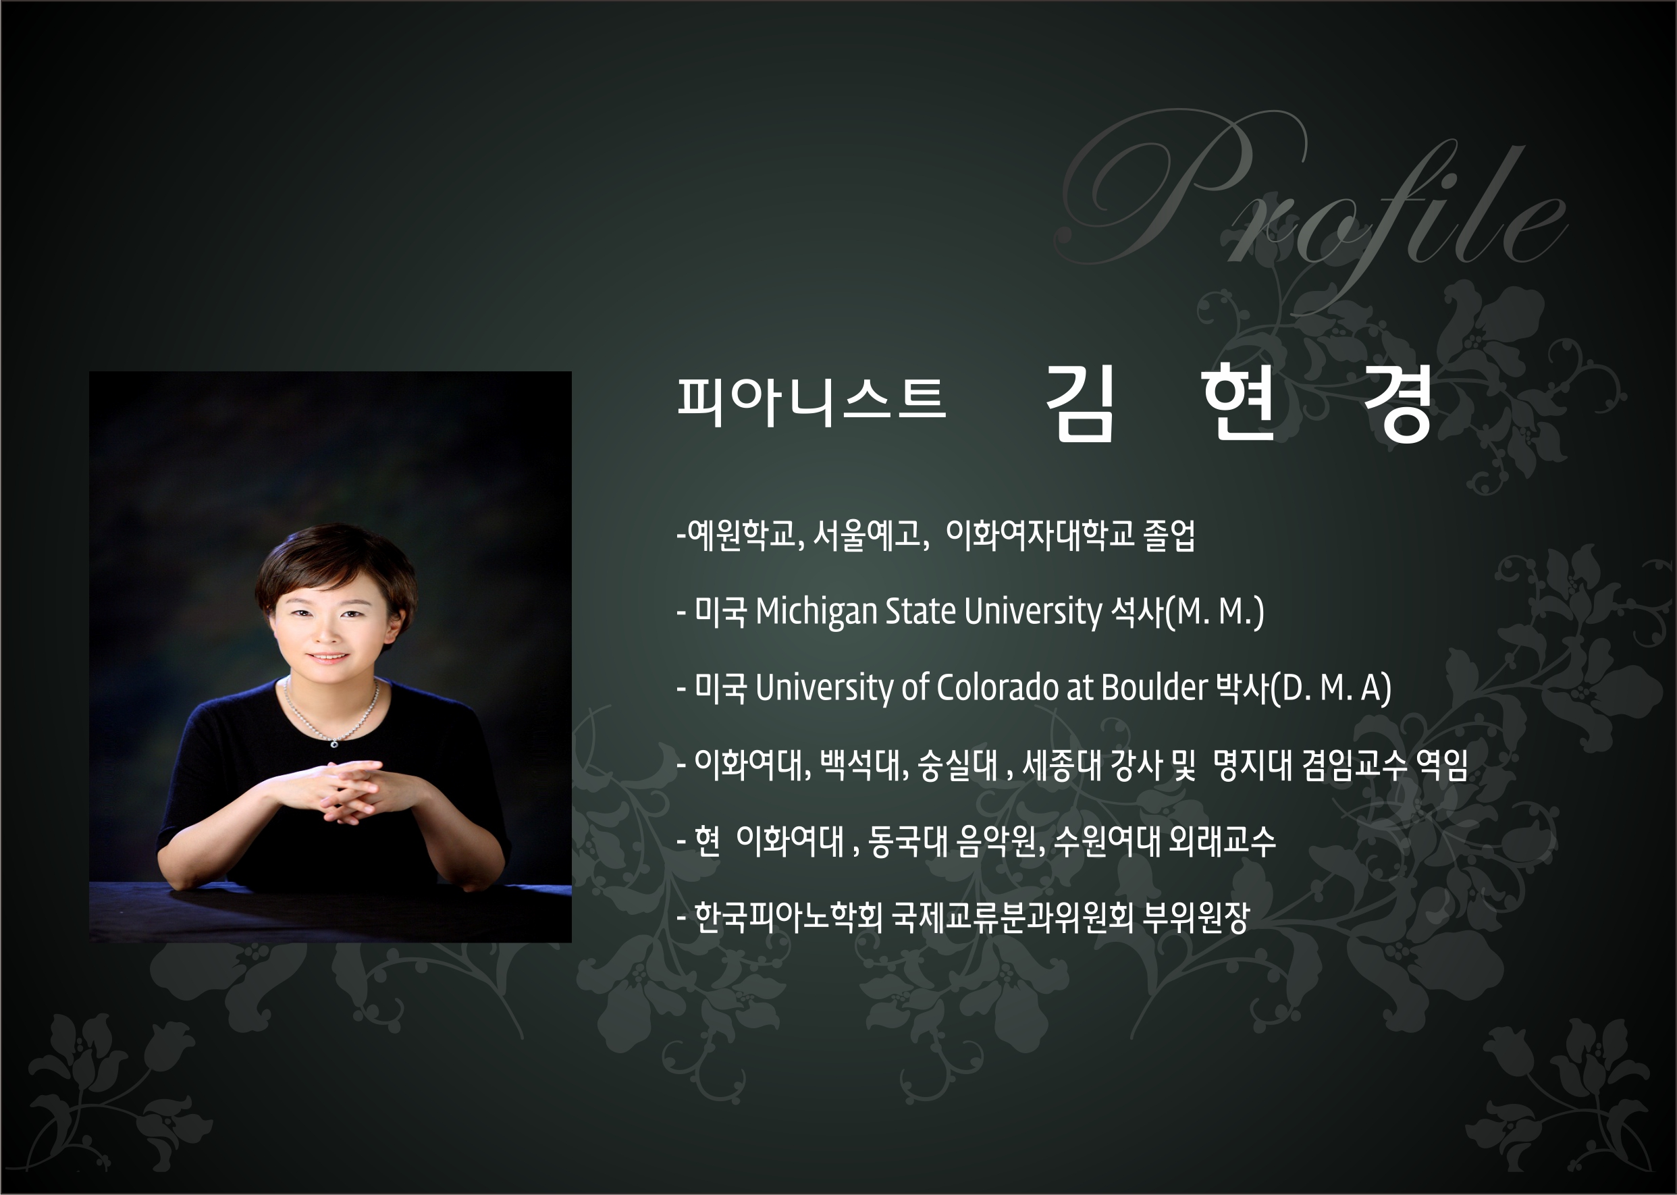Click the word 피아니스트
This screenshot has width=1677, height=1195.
(x=811, y=402)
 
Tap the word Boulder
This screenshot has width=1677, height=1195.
(x=1154, y=688)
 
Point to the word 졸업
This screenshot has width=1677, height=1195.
(x=1169, y=535)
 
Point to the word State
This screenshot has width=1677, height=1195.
(x=920, y=612)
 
